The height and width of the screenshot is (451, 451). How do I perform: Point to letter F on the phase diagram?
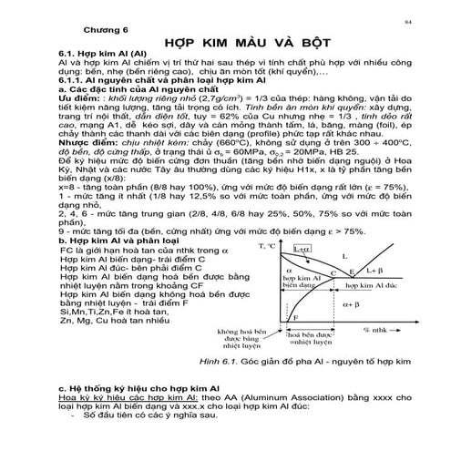pyautogui.click(x=297, y=316)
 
